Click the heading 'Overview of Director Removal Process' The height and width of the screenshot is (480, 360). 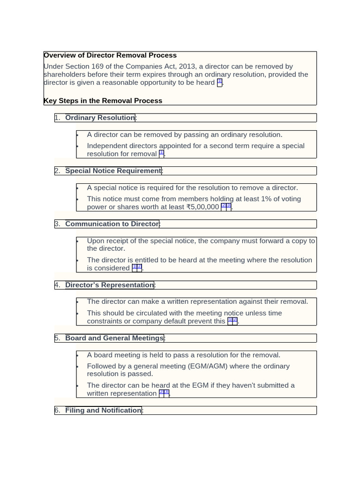(x=110, y=55)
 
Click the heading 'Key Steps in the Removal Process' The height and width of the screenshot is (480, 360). (x=103, y=101)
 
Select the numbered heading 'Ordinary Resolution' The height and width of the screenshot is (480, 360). (x=100, y=118)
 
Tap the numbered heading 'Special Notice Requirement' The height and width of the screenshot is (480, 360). (x=113, y=171)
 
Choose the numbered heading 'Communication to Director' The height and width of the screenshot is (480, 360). (x=112, y=224)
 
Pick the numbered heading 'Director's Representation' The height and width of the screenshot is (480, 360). (x=109, y=285)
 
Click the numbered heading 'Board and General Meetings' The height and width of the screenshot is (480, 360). (x=114, y=338)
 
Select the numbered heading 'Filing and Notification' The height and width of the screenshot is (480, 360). (x=103, y=411)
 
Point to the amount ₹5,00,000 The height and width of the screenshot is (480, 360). (x=202, y=207)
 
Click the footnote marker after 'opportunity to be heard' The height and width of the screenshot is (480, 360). (x=220, y=82)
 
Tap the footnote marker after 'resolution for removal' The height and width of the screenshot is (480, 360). (x=161, y=153)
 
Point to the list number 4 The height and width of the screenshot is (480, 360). (x=57, y=285)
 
